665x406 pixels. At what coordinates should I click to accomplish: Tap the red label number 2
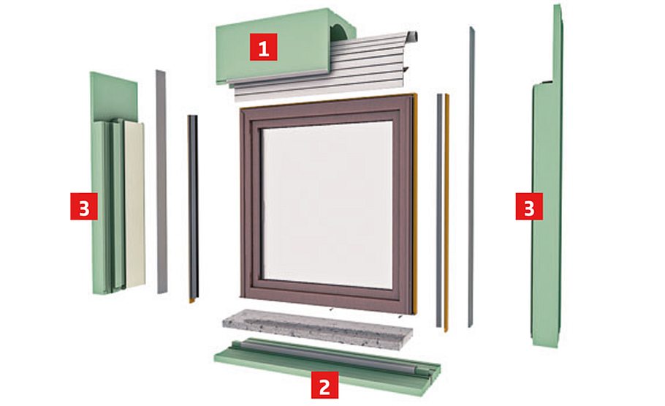coord(324,386)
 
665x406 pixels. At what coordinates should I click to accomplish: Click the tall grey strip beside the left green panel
coord(161,183)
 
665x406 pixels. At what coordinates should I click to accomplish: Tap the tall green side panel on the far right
coord(546,219)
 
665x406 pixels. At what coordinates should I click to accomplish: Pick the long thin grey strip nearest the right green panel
coord(471,176)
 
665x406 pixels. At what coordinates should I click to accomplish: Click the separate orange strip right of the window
coord(446,212)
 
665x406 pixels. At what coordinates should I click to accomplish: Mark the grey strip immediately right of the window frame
coord(439,212)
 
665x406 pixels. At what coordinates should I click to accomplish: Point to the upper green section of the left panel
coord(113,95)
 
